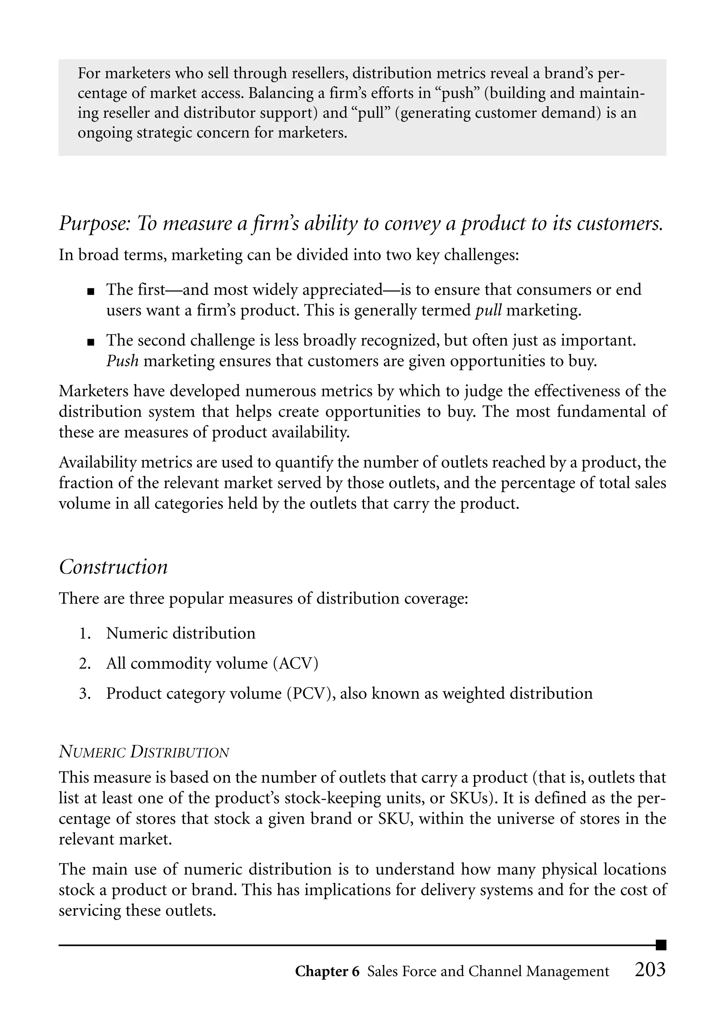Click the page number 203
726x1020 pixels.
click(650, 970)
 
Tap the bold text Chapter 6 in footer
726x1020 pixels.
click(327, 972)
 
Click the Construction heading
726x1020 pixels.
click(113, 567)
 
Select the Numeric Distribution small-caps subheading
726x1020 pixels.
click(144, 752)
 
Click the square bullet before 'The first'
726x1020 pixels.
click(91, 292)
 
